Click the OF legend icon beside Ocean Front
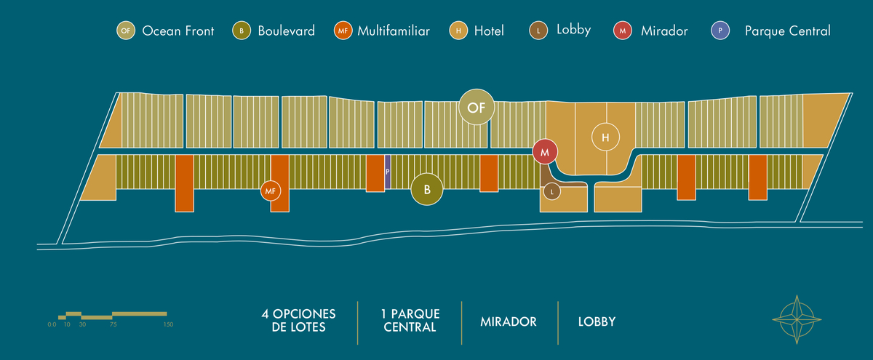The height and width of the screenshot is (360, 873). pos(126,31)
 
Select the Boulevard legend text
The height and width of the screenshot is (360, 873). pos(286,31)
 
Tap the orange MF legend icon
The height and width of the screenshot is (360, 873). pos(343,31)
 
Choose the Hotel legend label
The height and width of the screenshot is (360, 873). pos(488,31)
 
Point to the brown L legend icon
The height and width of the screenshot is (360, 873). pos(538,31)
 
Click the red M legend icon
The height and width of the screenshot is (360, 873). pos(623,31)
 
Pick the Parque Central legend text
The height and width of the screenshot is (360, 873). pos(787,31)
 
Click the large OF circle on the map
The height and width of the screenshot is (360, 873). pos(477,108)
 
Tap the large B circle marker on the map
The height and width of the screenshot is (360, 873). pos(428,190)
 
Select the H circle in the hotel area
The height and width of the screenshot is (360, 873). pos(605,137)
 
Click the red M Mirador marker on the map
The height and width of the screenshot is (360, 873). pos(545,152)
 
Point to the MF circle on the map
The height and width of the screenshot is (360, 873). pos(271,191)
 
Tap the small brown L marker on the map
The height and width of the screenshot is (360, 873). pos(553,192)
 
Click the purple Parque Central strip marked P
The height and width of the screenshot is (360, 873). pos(388,172)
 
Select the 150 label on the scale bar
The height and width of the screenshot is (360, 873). pos(168,324)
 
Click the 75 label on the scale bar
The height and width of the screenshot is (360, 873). pos(113,324)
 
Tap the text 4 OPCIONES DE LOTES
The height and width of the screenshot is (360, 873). pos(299,321)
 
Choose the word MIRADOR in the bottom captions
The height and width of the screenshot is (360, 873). pos(509,321)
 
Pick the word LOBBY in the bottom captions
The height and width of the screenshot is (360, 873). pos(597,321)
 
